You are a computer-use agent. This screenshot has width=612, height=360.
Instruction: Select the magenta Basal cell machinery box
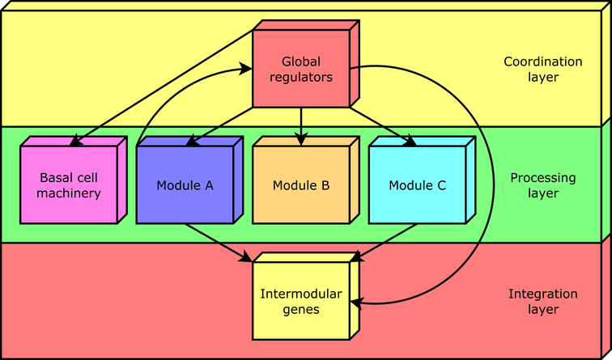coord(70,184)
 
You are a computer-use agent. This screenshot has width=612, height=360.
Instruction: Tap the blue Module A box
coord(185,184)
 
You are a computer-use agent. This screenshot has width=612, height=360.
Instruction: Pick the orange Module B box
coord(301,184)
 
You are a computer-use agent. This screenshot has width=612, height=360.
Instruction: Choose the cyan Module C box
coord(417,184)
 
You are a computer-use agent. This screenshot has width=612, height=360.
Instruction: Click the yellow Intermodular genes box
coord(301,300)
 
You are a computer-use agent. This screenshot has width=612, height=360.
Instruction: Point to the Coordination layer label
coord(542,69)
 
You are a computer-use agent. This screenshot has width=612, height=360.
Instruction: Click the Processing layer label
coord(542,185)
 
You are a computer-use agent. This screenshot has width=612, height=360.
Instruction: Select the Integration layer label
coord(542,301)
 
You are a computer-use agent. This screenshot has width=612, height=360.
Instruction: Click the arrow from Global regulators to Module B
coord(301,126)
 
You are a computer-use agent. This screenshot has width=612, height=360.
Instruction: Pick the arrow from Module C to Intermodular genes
coord(385,241)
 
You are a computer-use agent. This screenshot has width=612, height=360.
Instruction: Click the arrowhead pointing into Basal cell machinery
coord(74,142)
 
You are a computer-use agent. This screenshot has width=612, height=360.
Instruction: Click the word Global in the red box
coord(301,61)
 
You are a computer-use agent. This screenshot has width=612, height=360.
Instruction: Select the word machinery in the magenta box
coord(70,193)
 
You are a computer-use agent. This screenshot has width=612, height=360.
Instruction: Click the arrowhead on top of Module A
coord(191,142)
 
